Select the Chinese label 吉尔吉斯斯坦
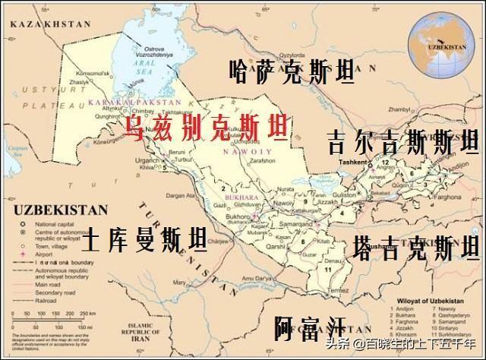(x=402, y=142)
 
